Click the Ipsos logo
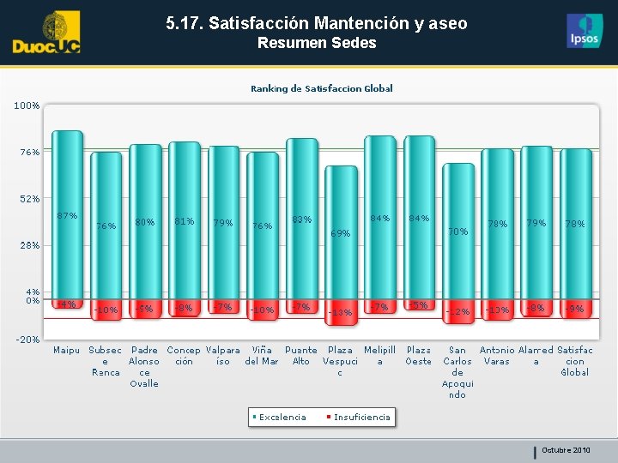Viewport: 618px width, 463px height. [585, 31]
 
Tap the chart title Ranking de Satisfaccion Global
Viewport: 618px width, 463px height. [321, 88]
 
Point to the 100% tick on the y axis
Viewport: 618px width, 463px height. [26, 105]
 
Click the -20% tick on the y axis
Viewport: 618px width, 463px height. [26, 340]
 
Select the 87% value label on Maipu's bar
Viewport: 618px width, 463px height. [67, 216]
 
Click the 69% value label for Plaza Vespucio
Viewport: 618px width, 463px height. [341, 233]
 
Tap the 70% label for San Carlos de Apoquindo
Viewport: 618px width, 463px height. [457, 231]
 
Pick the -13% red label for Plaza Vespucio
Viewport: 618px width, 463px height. [341, 312]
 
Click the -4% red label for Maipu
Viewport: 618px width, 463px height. [67, 304]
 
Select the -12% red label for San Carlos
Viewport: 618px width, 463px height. [457, 312]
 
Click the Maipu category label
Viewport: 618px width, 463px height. [66, 351]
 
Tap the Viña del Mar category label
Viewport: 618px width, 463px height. [262, 356]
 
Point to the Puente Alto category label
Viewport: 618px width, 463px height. [301, 356]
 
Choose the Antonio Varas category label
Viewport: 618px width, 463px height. [497, 356]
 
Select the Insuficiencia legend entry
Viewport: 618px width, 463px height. [361, 418]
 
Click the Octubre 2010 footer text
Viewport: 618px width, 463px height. [566, 450]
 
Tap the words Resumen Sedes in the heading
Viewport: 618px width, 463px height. [317, 43]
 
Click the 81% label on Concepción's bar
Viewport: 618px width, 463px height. [184, 221]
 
